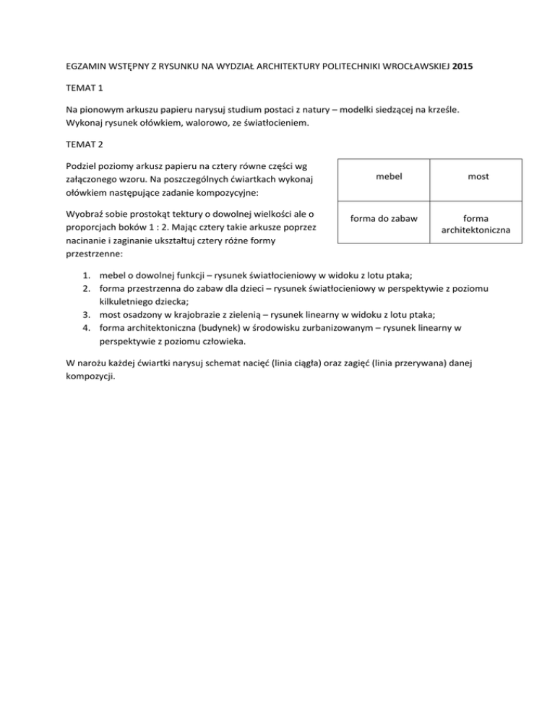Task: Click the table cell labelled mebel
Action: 380,176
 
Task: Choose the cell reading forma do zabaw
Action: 380,218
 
